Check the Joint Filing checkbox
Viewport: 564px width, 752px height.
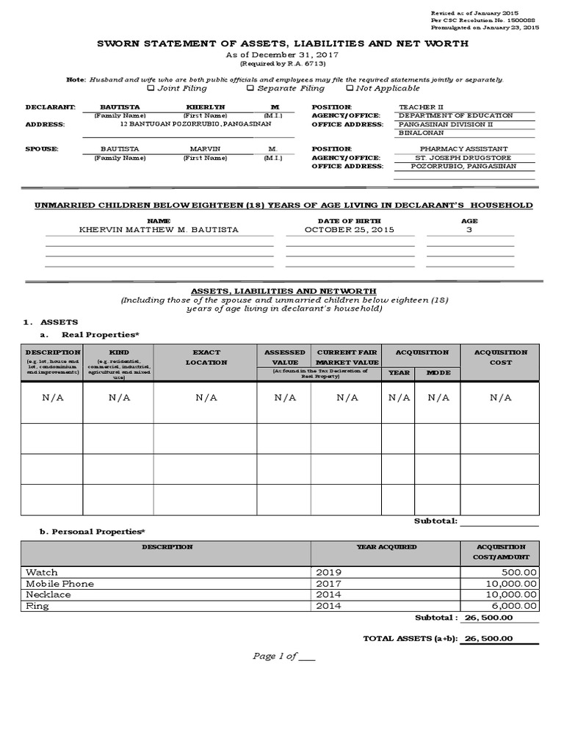point(151,88)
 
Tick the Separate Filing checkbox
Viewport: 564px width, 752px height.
point(250,88)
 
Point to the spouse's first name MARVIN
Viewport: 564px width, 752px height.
point(206,149)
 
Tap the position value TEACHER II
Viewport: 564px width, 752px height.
point(421,107)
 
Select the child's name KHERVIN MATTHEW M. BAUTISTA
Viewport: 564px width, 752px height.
point(159,230)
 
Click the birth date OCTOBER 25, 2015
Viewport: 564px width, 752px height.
point(350,230)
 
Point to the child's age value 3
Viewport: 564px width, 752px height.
point(469,230)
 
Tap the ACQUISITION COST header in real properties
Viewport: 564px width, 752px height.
point(501,358)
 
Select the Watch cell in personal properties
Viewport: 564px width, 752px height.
point(42,572)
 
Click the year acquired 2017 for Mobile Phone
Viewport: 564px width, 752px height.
point(329,583)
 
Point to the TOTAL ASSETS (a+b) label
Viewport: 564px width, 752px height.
point(411,639)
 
